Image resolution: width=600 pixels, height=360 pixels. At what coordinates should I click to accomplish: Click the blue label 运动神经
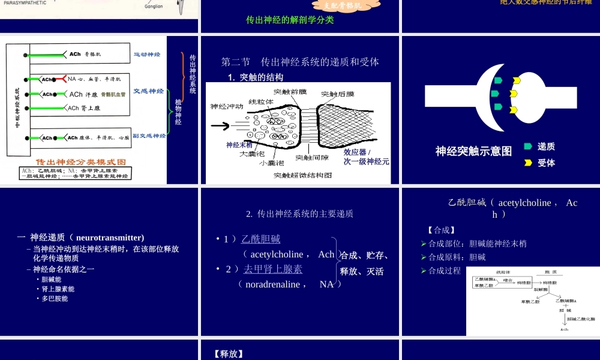(147, 55)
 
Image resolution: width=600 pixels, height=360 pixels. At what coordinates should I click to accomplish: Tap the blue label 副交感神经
(149, 136)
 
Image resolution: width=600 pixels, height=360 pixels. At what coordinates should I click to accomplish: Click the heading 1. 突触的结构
(256, 77)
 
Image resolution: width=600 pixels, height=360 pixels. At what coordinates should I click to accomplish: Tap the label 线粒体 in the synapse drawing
(261, 101)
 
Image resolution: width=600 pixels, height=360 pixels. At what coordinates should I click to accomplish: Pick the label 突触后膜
(338, 94)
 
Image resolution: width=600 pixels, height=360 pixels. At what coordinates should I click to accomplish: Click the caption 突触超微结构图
(303, 175)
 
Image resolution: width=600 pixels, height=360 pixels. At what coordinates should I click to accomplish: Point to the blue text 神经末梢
(239, 145)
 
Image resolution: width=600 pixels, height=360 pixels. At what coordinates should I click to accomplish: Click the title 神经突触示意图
(474, 151)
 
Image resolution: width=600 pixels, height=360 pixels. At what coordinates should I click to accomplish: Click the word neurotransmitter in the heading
(110, 238)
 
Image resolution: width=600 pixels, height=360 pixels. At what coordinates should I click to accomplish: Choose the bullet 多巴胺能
(55, 298)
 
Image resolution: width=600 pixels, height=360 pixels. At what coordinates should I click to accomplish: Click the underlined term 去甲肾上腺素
(273, 269)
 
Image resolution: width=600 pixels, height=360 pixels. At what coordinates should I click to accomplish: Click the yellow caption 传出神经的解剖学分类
(290, 20)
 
